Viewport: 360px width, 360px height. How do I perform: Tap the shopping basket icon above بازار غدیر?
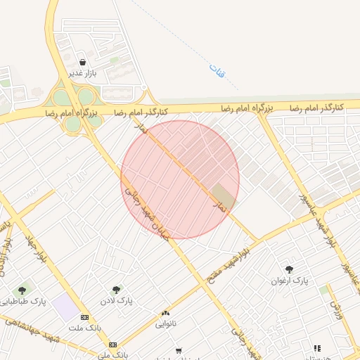coord(83,62)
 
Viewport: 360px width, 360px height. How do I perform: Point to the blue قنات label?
coord(214,70)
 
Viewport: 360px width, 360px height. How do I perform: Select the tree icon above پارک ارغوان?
coord(289,269)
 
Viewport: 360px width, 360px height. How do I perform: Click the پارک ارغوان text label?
coord(290,281)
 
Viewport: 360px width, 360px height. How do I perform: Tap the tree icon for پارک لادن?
coord(116,289)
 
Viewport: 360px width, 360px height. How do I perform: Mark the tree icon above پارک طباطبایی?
coord(22,290)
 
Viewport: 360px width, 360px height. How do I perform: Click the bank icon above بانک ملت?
coord(85,317)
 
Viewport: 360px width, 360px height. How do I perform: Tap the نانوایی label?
coord(166,324)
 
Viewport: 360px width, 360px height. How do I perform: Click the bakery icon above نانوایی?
coord(166,314)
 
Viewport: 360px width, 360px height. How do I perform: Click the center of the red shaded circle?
coord(180,179)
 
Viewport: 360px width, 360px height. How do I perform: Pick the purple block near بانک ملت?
coord(65,307)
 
